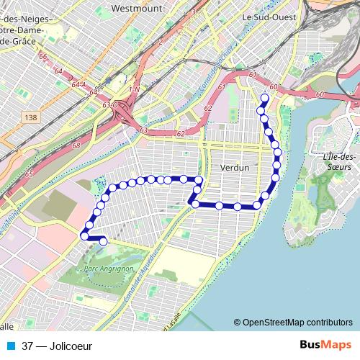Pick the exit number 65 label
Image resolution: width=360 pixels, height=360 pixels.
pos(29,174)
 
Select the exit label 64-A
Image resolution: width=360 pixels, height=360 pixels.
pos(78,86)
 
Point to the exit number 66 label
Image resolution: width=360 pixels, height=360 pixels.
pos(43,57)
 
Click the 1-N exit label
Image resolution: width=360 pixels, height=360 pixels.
pos(132,89)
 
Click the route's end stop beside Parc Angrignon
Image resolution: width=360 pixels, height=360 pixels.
pos(102,242)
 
